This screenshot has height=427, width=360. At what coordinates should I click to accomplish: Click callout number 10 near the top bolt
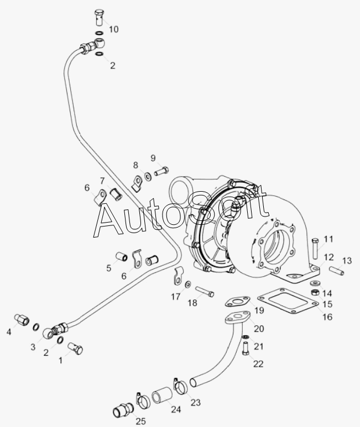114,29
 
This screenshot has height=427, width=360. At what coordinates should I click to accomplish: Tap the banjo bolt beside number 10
99,18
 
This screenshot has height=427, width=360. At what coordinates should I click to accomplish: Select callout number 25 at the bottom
140,421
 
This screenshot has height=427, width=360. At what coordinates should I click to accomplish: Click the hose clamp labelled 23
180,385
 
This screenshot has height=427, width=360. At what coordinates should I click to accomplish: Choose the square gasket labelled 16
288,302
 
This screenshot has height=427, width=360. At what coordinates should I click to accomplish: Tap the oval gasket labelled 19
237,302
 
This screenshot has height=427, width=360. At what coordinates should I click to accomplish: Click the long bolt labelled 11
315,249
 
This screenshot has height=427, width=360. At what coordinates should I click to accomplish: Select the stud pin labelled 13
336,271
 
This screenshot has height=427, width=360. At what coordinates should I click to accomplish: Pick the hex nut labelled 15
315,292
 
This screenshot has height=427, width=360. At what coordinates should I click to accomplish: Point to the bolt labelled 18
205,291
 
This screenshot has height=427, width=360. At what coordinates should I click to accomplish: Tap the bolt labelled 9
161,171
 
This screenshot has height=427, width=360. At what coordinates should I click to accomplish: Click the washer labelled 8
148,176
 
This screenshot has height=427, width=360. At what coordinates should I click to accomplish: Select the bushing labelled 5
121,256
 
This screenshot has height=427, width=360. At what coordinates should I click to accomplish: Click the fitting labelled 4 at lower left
21,319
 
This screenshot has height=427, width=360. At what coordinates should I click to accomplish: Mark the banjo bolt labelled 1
75,349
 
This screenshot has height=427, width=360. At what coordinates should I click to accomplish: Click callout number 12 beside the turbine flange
328,257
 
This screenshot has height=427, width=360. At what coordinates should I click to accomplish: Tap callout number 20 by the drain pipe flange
259,329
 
